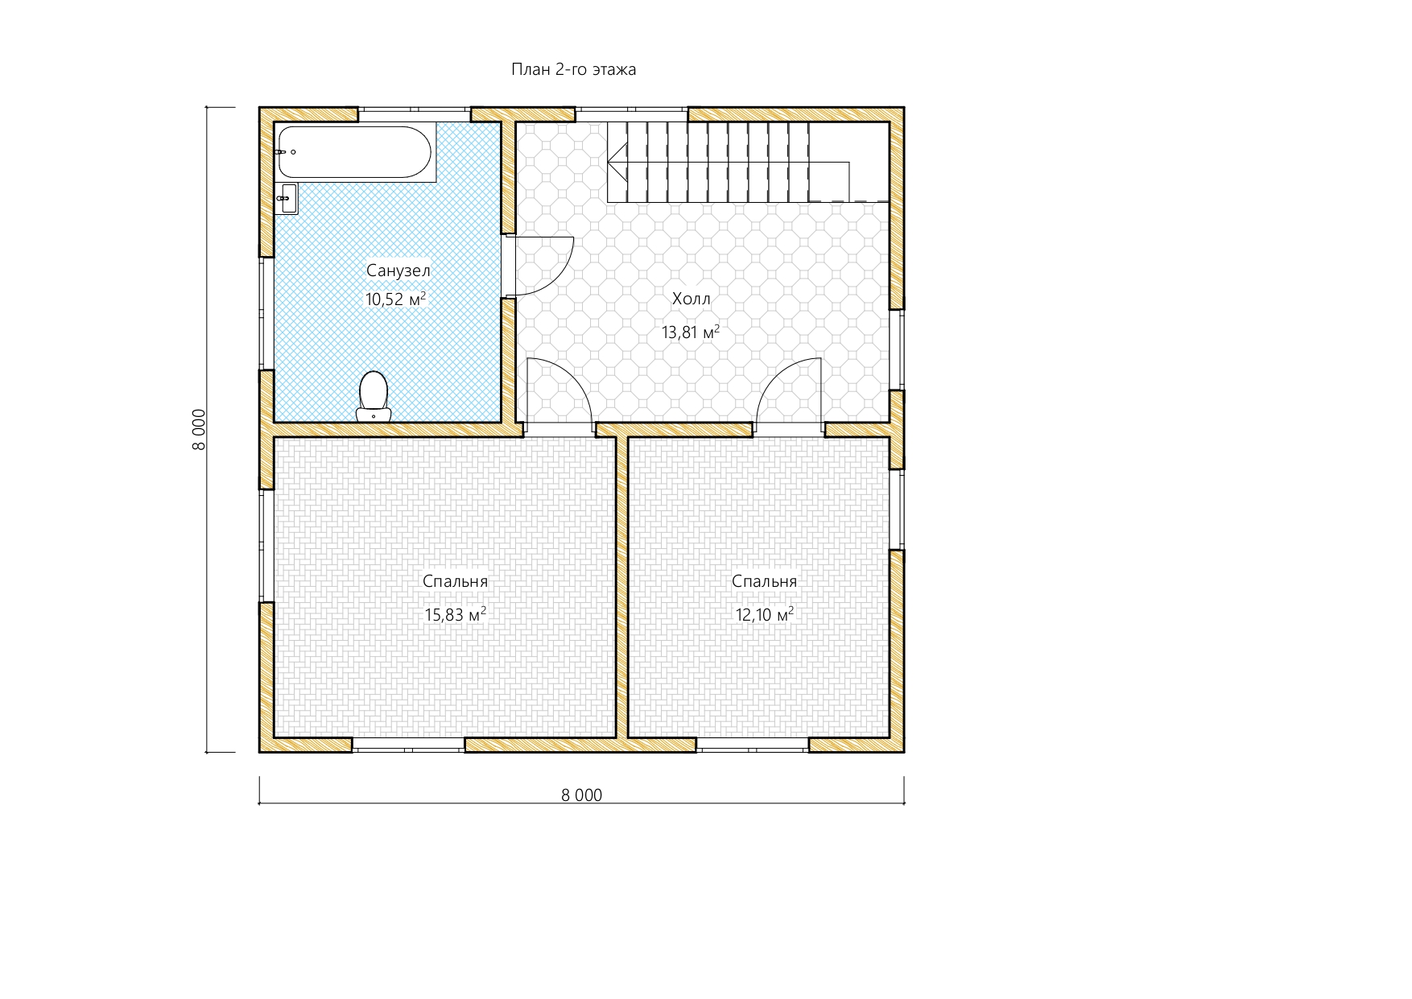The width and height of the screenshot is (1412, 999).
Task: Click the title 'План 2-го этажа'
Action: click(x=573, y=70)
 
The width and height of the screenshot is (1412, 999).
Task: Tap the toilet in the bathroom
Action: click(x=373, y=396)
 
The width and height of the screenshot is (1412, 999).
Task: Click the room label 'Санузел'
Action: click(x=398, y=271)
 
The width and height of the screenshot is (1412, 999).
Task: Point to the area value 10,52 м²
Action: click(x=395, y=299)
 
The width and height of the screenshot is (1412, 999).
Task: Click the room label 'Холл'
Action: click(x=692, y=299)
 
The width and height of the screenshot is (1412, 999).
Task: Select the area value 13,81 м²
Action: click(x=691, y=332)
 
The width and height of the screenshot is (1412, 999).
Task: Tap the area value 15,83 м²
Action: click(x=455, y=615)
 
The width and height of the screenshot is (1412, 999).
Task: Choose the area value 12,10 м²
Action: click(x=765, y=615)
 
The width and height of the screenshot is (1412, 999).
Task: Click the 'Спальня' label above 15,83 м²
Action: click(x=455, y=582)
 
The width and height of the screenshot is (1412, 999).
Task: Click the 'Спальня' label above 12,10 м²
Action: click(x=765, y=582)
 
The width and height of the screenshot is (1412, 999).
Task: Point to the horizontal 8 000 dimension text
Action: click(x=581, y=795)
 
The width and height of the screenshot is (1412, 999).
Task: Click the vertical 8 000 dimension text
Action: click(x=200, y=430)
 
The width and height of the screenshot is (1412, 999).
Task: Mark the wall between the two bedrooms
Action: click(x=621, y=587)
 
